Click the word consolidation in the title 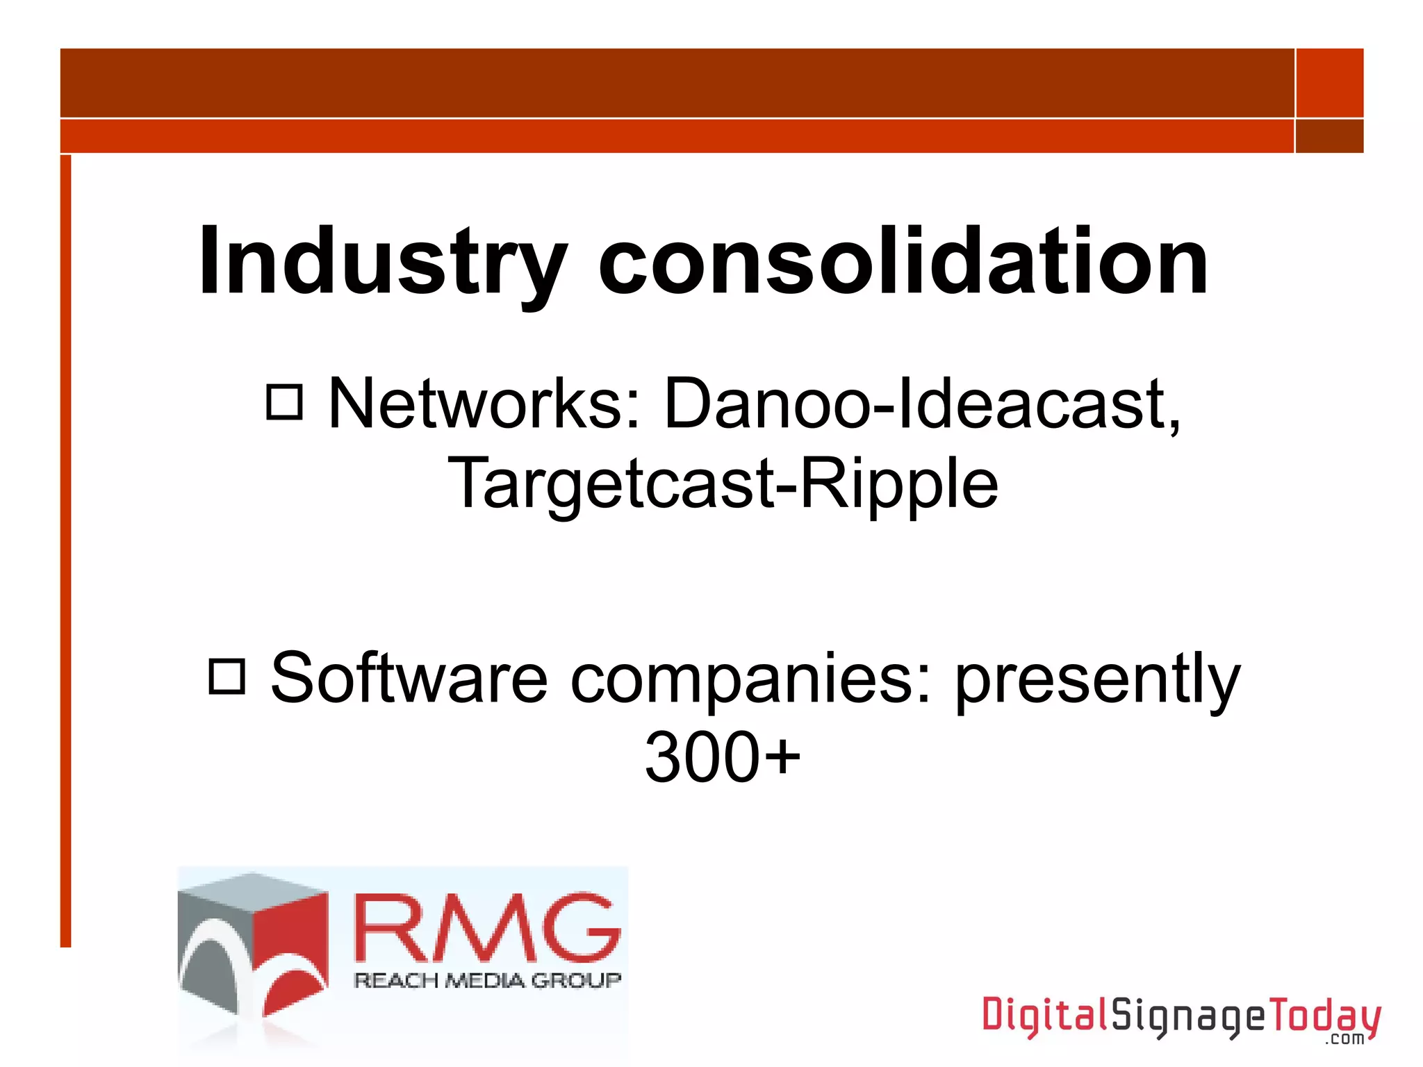click(x=903, y=263)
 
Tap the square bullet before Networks click(x=285, y=402)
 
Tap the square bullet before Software click(x=227, y=677)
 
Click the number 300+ click(x=723, y=757)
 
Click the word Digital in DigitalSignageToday click(x=1044, y=1016)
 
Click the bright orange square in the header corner click(x=1329, y=83)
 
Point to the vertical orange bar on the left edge click(x=65, y=549)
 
